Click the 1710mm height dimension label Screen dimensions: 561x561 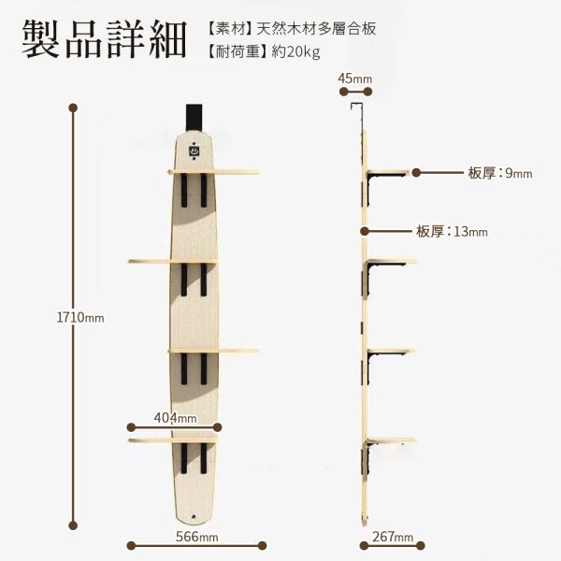(80, 318)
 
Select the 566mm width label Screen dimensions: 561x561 (196, 537)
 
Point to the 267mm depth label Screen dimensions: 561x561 (392, 537)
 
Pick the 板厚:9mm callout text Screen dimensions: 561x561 (499, 173)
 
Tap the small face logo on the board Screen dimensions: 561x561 (193, 148)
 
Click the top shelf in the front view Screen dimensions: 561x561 (213, 172)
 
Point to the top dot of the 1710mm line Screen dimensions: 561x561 (72, 107)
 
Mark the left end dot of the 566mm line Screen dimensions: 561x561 (132, 545)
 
